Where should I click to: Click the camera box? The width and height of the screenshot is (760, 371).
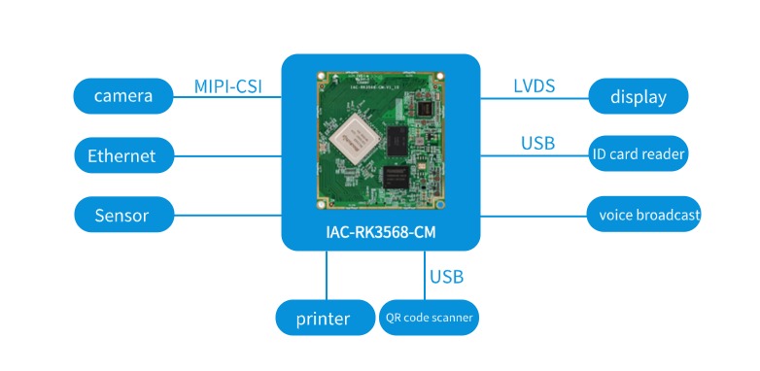click(x=123, y=96)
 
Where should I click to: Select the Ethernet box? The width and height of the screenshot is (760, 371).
click(x=123, y=155)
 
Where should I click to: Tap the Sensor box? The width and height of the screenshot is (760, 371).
click(x=123, y=215)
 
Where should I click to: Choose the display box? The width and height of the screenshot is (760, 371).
click(x=638, y=96)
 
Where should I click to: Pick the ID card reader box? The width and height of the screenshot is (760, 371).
click(x=638, y=153)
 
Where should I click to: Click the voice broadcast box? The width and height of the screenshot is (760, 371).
click(x=643, y=214)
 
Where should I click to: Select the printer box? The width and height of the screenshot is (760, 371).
click(x=325, y=318)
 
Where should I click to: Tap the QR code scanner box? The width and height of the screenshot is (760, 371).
click(x=429, y=318)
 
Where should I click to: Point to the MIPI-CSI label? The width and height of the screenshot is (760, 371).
click(x=227, y=86)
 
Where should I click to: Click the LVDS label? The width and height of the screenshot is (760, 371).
click(x=535, y=85)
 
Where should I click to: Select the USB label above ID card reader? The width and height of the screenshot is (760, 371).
click(x=538, y=143)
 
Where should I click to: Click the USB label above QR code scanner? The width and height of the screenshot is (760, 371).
click(x=446, y=277)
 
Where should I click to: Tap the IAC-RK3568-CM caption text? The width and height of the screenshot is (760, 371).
click(x=381, y=232)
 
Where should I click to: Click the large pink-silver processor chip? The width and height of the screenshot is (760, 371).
click(x=355, y=141)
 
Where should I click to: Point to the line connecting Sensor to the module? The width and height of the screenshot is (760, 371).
click(x=227, y=215)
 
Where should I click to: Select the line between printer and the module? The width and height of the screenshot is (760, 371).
click(x=327, y=275)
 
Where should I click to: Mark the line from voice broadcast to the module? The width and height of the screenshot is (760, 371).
click(x=534, y=216)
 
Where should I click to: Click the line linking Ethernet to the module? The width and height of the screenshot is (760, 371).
click(x=227, y=156)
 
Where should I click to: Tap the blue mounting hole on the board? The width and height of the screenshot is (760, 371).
click(x=440, y=205)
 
